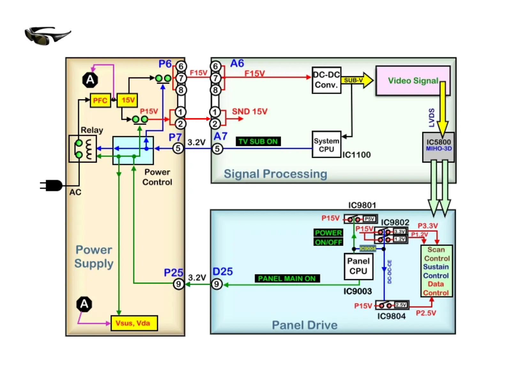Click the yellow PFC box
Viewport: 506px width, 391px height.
point(100,100)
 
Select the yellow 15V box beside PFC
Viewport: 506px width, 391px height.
point(127,100)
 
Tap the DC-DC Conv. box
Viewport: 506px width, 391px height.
point(326,80)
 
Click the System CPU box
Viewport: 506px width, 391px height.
point(326,145)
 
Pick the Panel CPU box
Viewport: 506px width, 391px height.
point(358,266)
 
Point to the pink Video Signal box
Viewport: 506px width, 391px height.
point(413,80)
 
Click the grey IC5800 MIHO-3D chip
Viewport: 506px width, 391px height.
point(438,147)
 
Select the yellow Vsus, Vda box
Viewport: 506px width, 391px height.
point(134,323)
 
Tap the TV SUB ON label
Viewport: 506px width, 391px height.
point(258,142)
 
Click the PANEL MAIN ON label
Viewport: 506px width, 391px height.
point(287,279)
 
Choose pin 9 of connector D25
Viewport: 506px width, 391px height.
point(217,284)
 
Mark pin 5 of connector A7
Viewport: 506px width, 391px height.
point(217,149)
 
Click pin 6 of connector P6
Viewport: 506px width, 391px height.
point(181,66)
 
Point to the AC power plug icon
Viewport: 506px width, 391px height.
point(52,185)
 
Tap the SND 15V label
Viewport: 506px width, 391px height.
point(249,111)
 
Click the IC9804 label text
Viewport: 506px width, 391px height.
point(391,316)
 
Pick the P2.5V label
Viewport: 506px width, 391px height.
point(425,313)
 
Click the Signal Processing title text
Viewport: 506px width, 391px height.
point(275,174)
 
